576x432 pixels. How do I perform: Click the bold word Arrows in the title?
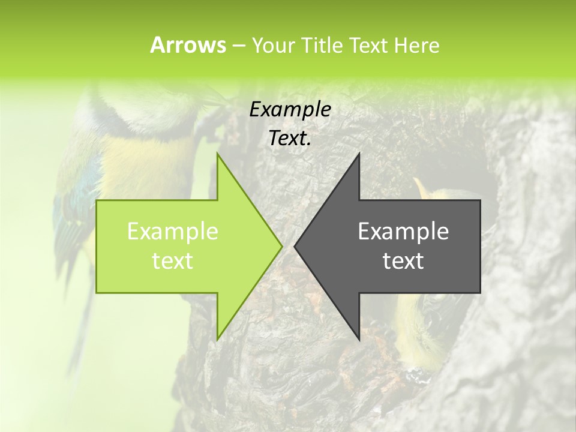point(188,45)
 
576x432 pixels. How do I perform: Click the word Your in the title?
point(271,45)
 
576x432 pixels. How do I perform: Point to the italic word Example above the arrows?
point(290,110)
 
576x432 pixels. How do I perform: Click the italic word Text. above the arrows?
point(290,139)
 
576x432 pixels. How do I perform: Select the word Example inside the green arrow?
point(172,232)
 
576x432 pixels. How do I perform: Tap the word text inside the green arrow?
point(172,261)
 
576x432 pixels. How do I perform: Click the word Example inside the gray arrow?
point(403,232)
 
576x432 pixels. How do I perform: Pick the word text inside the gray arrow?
point(403,261)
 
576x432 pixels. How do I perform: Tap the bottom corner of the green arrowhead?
point(218,338)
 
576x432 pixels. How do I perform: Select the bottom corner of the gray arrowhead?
point(358,338)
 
